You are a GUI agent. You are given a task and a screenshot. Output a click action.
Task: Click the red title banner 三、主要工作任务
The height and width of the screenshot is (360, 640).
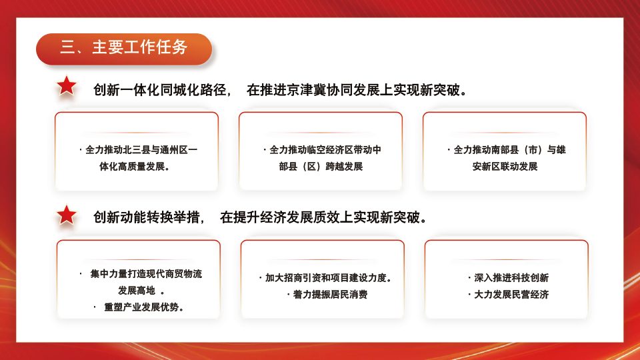click(124, 48)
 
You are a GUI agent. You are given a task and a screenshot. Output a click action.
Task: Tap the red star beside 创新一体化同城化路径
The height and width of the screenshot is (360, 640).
click(67, 86)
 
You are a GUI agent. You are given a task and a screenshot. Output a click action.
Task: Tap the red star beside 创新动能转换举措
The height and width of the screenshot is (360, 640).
click(67, 215)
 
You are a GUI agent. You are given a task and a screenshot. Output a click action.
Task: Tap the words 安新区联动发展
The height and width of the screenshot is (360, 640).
click(505, 167)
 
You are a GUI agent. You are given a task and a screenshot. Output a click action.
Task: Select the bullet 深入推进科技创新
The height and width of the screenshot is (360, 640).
click(511, 278)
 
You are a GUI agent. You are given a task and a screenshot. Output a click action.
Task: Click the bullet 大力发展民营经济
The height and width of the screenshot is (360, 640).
click(511, 295)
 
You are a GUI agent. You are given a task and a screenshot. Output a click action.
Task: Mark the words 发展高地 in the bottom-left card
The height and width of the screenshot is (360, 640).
click(137, 291)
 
